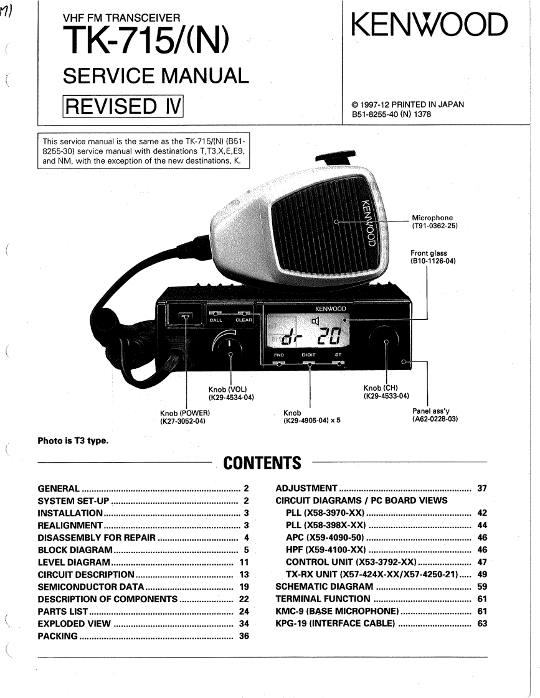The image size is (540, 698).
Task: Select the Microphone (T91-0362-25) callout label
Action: (435, 222)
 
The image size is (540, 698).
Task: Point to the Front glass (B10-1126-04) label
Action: (433, 258)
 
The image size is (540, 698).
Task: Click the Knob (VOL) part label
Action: (230, 393)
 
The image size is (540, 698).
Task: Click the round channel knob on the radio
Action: (386, 342)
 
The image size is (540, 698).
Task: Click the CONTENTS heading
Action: (262, 463)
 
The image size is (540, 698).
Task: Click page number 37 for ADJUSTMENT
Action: (481, 488)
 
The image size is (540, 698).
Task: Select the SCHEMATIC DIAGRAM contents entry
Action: (324, 587)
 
